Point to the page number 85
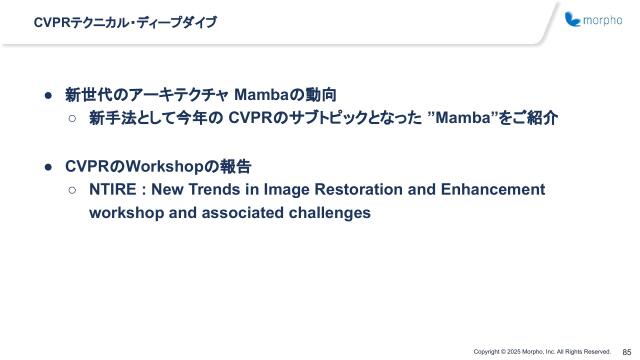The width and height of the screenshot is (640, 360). click(x=626, y=351)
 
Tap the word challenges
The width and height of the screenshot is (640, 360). click(x=320, y=212)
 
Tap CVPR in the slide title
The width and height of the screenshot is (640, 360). click(x=51, y=21)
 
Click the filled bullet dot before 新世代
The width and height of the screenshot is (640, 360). click(x=47, y=96)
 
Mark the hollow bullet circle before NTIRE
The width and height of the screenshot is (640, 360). click(x=73, y=189)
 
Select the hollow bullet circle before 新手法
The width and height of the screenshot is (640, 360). click(x=73, y=119)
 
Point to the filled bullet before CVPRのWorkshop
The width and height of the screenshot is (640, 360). click(x=47, y=166)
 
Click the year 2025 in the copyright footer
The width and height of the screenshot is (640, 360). click(x=519, y=352)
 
